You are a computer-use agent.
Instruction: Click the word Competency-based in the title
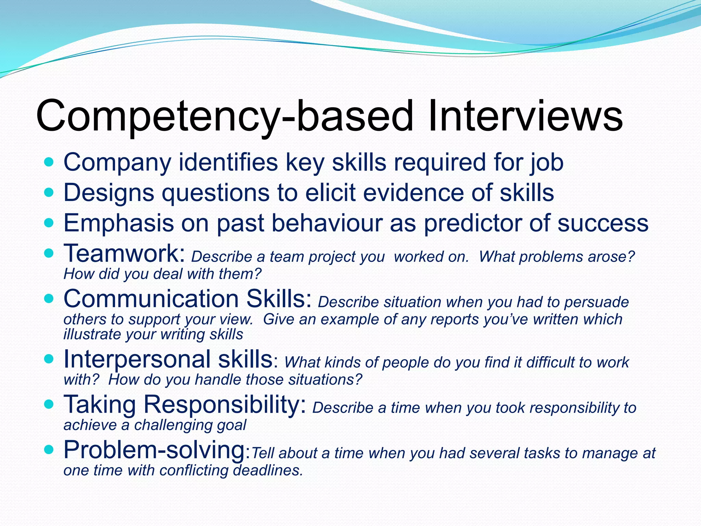pos(224,116)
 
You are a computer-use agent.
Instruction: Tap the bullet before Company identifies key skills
pos(49,162)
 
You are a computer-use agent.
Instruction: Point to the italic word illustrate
pos(92,335)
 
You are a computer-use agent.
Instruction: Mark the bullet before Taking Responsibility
pos(49,404)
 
